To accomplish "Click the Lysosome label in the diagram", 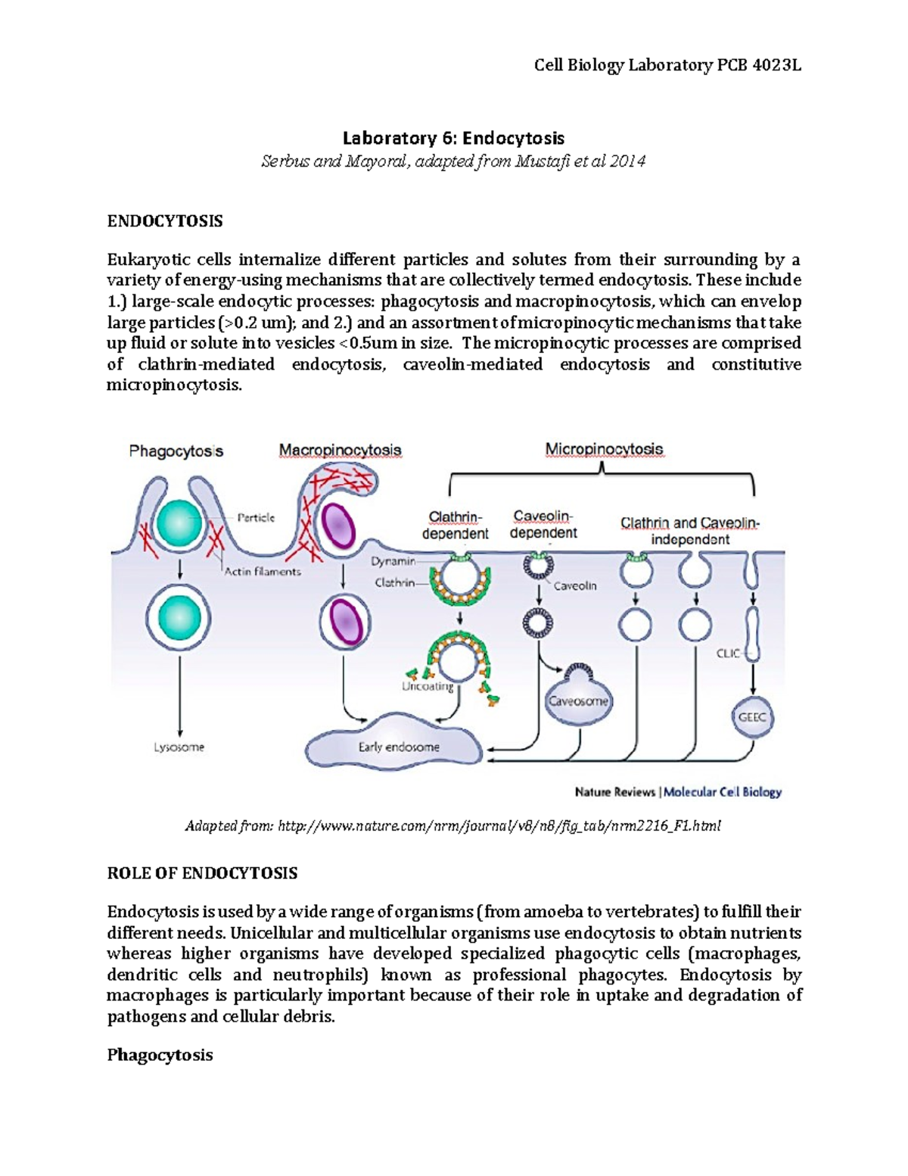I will point(179,747).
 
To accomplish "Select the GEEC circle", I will point(751,716).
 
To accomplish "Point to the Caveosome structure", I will point(578,700).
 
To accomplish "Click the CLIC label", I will point(728,653).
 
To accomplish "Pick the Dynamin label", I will point(393,561).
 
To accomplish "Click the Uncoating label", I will point(428,687).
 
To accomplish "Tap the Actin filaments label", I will point(263,572).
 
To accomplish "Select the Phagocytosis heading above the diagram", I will point(176,451).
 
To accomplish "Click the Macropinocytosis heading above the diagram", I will point(340,450).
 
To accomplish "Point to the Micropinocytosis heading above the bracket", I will point(604,449).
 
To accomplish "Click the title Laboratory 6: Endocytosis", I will point(453,138).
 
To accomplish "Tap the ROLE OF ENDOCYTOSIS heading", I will point(202,873).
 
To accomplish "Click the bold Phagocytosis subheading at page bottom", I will point(160,1055).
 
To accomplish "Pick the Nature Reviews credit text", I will point(614,792).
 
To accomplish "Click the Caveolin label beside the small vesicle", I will point(575,585).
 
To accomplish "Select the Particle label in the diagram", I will point(256,518).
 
